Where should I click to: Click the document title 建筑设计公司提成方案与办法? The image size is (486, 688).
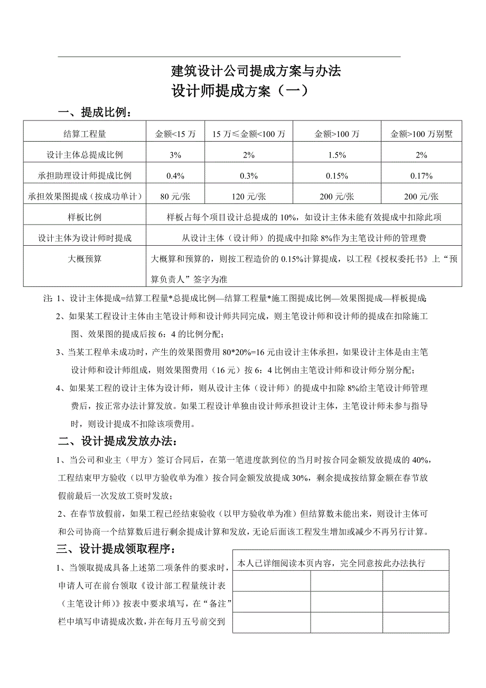click(x=256, y=70)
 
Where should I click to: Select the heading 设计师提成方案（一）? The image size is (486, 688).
click(x=239, y=91)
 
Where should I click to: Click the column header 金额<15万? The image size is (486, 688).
click(x=175, y=134)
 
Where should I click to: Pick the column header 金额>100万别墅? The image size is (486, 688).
click(x=422, y=134)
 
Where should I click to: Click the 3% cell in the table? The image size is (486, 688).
click(x=175, y=155)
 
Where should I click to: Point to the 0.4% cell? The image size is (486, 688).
click(x=175, y=175)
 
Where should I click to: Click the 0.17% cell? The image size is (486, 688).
click(x=422, y=175)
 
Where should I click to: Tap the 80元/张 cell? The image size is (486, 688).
click(x=175, y=197)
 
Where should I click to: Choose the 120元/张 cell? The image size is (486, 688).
click(x=249, y=197)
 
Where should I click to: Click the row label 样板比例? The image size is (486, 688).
click(x=85, y=217)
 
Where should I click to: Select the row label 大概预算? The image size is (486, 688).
click(x=85, y=259)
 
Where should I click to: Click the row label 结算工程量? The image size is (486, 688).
click(x=85, y=134)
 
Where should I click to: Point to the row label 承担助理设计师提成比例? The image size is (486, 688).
click(x=85, y=175)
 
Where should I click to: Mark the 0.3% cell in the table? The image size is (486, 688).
click(x=249, y=175)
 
